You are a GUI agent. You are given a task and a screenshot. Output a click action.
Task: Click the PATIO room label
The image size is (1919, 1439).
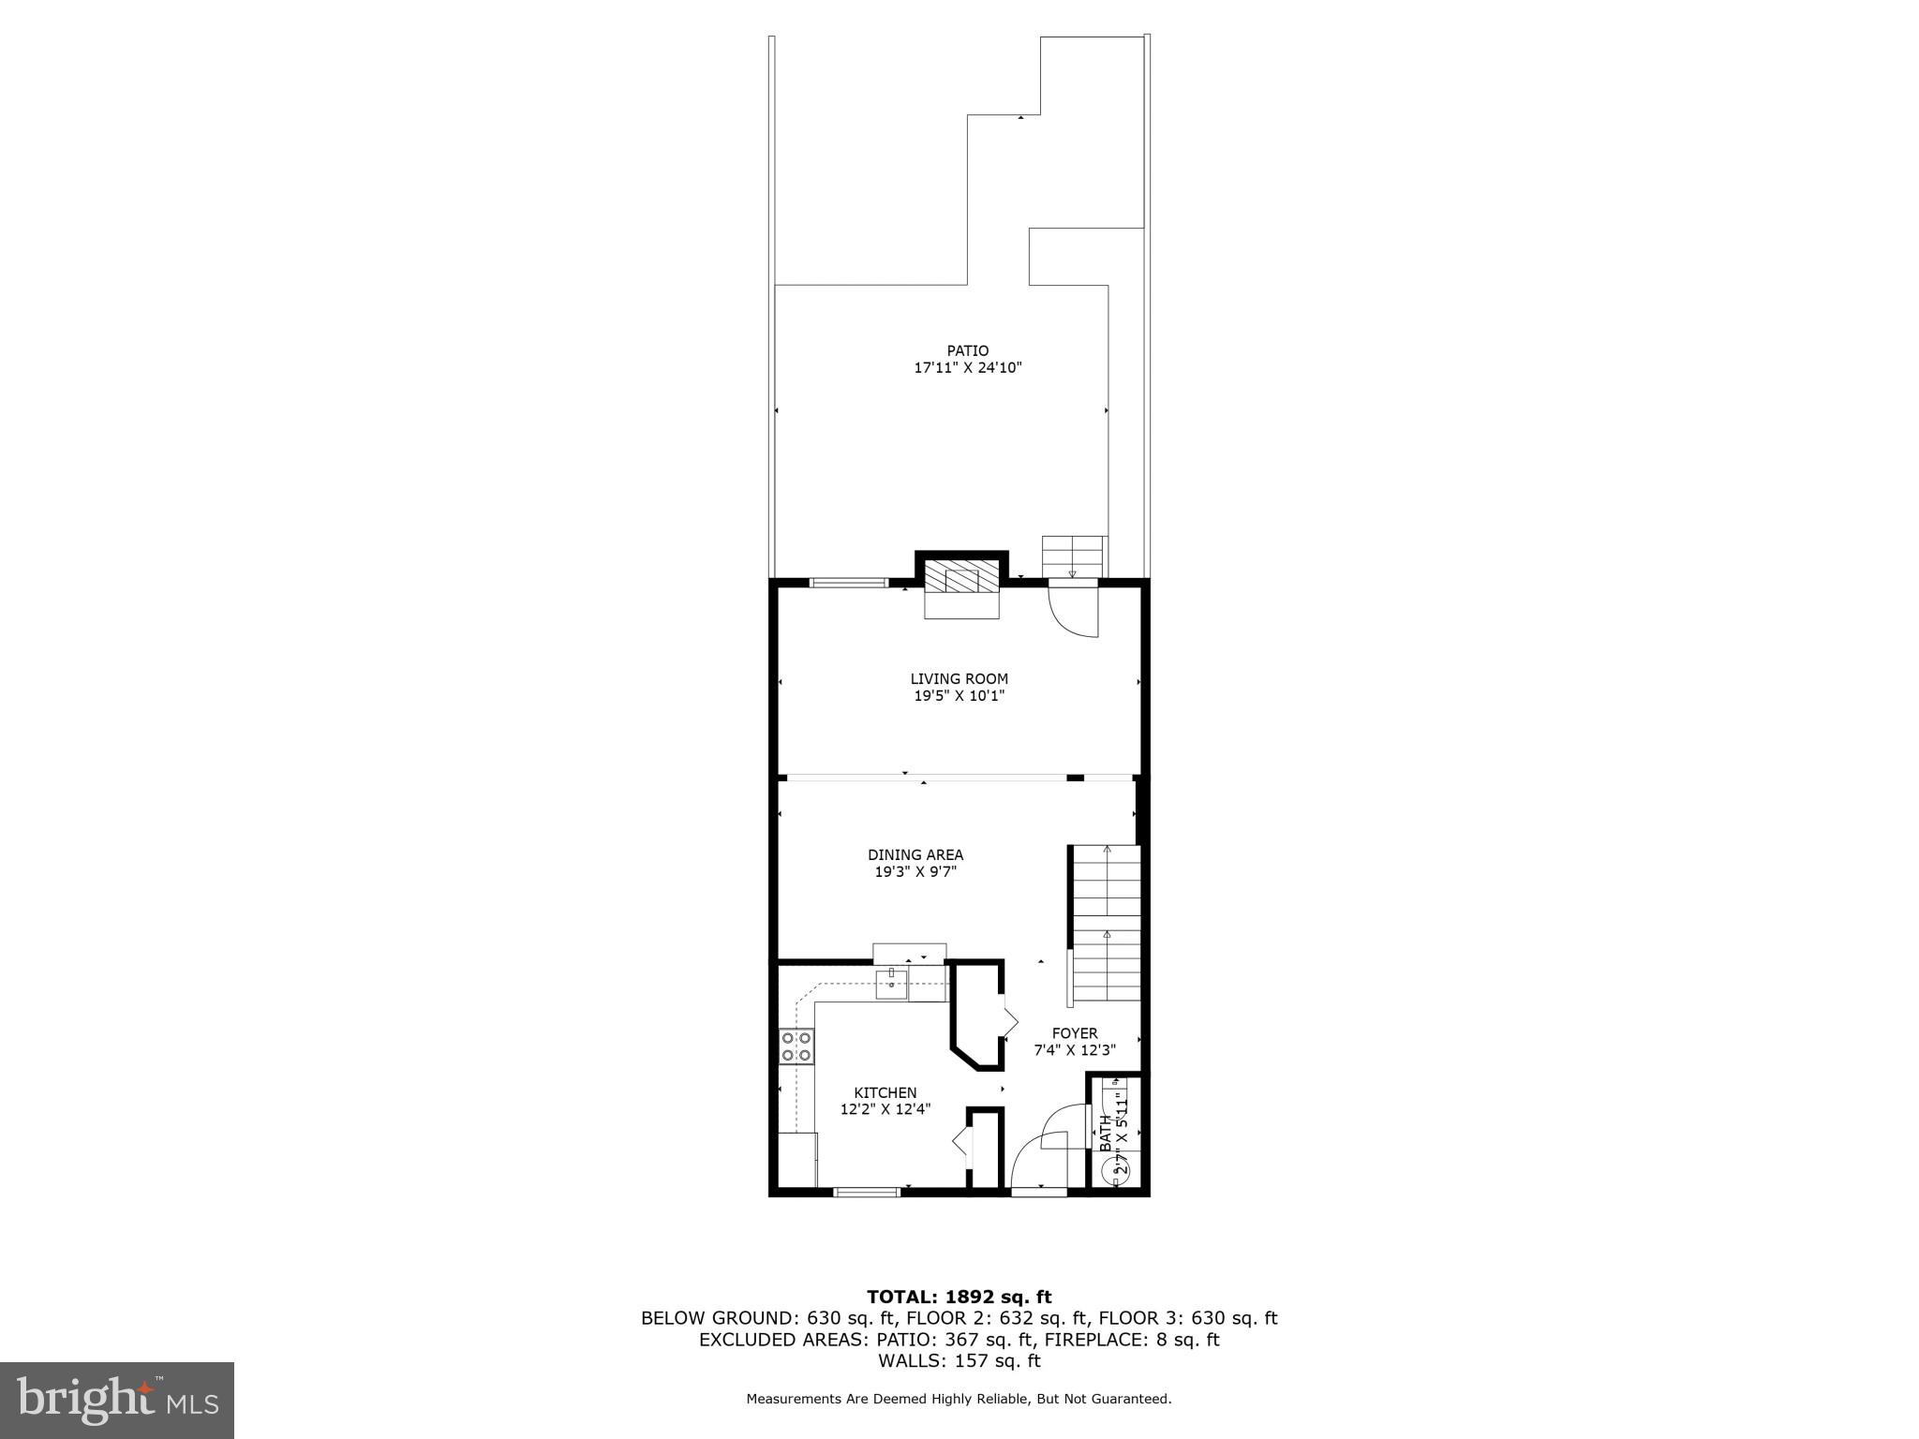pyautogui.click(x=967, y=351)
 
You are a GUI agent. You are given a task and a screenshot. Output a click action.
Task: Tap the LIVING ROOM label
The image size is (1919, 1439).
pyautogui.click(x=959, y=679)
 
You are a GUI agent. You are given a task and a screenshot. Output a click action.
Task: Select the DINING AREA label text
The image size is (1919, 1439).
pyautogui.click(x=915, y=854)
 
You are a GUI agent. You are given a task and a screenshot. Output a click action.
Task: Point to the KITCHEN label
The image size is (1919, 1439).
pyautogui.click(x=885, y=1092)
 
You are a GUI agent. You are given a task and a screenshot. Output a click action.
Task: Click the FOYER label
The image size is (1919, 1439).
pyautogui.click(x=1074, y=1033)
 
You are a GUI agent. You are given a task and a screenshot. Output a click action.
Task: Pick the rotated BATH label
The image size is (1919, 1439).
pyautogui.click(x=1106, y=1134)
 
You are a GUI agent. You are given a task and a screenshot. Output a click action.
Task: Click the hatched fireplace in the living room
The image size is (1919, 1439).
pyautogui.click(x=962, y=580)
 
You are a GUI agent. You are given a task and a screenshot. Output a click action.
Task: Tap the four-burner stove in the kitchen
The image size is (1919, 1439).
pyautogui.click(x=796, y=1046)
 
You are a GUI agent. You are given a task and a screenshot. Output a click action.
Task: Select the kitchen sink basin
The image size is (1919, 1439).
pyautogui.click(x=891, y=984)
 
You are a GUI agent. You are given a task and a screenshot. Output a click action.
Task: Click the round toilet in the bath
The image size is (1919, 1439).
pyautogui.click(x=1119, y=1169)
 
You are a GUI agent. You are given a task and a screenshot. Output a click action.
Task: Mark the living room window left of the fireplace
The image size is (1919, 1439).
pyautogui.click(x=848, y=583)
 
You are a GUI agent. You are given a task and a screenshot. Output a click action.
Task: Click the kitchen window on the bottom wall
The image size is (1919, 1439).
pyautogui.click(x=867, y=1193)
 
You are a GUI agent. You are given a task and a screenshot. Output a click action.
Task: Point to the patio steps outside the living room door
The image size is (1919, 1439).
pyautogui.click(x=1074, y=556)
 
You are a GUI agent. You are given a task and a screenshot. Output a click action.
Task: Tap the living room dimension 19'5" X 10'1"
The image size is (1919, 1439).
pyautogui.click(x=959, y=696)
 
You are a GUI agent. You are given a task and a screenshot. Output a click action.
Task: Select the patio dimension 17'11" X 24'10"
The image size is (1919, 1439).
pyautogui.click(x=967, y=368)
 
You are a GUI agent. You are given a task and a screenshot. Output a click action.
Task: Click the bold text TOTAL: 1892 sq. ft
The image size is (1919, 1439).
pyautogui.click(x=959, y=1298)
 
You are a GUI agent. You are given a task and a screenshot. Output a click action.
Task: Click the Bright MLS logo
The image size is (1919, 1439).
pyautogui.click(x=117, y=1400)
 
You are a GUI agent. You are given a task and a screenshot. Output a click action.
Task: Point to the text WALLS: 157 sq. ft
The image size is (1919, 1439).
pyautogui.click(x=959, y=1361)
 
